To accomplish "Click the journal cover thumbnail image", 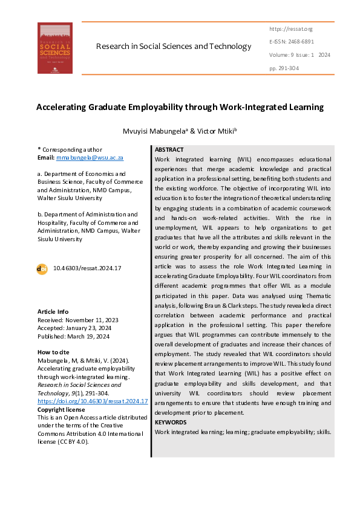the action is (55, 48).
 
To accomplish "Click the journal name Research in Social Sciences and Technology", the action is (173, 47).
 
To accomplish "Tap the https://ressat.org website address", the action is (290, 29).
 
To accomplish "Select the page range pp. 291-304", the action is (284, 68).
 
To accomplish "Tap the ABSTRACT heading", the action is (169, 149).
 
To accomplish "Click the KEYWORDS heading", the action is (171, 422).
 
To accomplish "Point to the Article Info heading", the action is (53, 311).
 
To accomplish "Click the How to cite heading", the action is (53, 352).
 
